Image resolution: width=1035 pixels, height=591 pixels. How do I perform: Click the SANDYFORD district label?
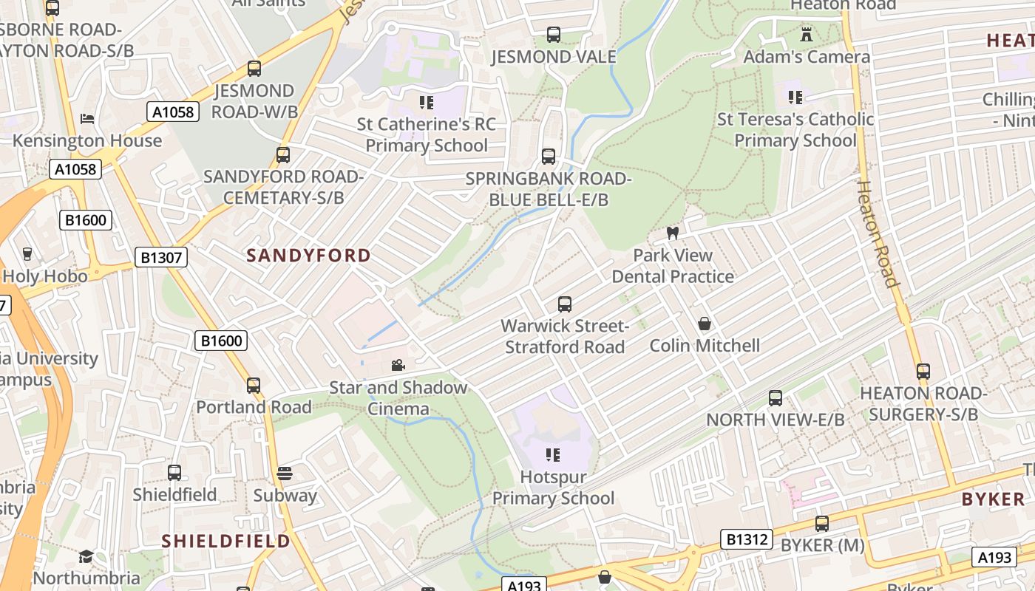(308, 256)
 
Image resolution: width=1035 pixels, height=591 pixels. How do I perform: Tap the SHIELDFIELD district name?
(225, 541)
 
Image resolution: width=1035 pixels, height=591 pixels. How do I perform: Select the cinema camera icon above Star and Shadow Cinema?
(398, 365)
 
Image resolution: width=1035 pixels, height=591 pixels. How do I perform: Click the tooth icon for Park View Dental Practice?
(672, 233)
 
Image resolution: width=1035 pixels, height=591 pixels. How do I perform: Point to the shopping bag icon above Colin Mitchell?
(705, 324)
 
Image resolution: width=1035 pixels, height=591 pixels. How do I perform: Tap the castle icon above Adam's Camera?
(806, 34)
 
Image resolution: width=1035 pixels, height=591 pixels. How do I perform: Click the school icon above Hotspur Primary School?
(552, 455)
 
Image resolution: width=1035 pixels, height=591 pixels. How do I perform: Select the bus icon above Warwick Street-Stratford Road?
(565, 304)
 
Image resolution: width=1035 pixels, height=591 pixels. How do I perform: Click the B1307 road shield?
(161, 257)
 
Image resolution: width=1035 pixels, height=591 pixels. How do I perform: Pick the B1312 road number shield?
(747, 539)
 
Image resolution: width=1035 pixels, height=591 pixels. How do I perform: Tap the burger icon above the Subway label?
(285, 473)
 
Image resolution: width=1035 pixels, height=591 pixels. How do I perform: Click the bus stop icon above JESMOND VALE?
(553, 34)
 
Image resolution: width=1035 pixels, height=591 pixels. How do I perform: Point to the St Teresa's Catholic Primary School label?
(795, 129)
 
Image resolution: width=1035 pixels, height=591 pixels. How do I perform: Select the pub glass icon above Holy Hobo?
(27, 253)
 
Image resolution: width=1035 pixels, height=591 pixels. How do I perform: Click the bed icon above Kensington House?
(86, 119)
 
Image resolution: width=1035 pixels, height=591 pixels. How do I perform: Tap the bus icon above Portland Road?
(254, 385)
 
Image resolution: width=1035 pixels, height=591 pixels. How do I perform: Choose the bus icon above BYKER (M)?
(821, 524)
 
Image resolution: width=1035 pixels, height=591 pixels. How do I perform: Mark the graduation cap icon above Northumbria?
(86, 556)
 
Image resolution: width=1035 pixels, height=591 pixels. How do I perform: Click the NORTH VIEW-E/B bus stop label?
(775, 420)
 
